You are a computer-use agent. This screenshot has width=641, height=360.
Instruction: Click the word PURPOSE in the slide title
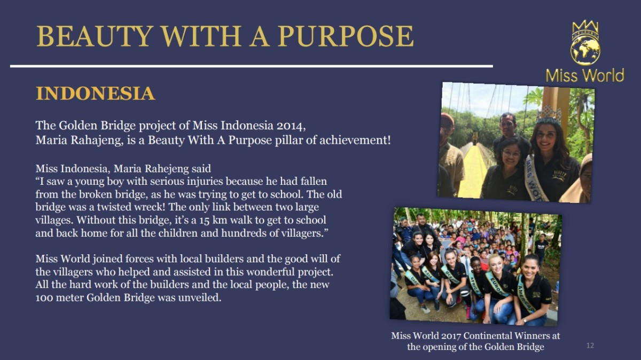346,36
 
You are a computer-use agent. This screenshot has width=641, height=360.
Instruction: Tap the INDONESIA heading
95,93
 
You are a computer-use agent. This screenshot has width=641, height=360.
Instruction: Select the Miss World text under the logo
585,75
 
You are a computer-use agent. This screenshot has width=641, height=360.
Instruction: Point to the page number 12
590,346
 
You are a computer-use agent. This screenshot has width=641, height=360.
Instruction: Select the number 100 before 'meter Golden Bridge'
45,298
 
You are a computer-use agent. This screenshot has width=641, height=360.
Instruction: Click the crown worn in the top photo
549,114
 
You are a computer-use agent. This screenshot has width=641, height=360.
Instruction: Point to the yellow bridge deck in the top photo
472,171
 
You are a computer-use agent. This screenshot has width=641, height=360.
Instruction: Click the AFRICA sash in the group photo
474,285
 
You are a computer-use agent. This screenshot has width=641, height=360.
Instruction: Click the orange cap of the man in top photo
447,119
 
